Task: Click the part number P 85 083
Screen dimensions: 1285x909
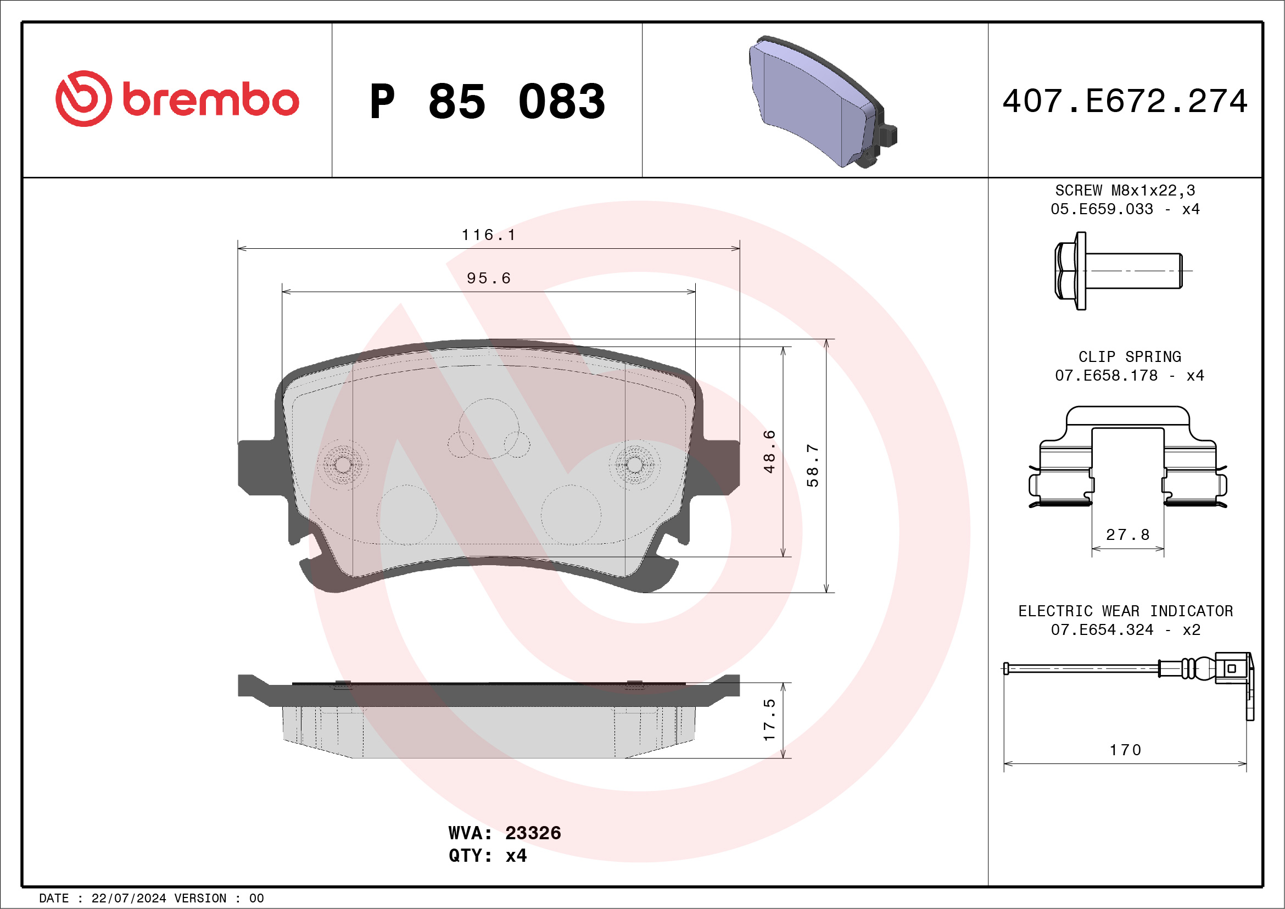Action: (x=488, y=101)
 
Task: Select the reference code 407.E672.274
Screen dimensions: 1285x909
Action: (x=1125, y=101)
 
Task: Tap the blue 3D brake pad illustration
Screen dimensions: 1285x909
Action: (x=823, y=102)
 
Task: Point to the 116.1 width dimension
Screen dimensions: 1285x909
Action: (x=489, y=235)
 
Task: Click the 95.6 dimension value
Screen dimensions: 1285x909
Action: (x=489, y=278)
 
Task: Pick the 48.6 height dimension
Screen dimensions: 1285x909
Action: (x=769, y=451)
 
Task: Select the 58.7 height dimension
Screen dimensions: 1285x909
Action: (x=813, y=465)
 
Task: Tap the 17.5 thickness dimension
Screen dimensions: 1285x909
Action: (x=769, y=720)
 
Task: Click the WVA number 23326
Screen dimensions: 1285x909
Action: (x=533, y=833)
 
